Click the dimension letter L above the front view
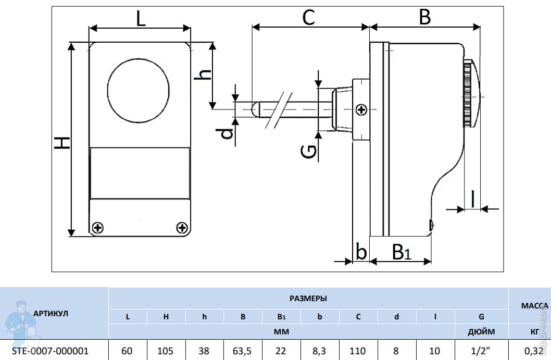pyautogui.click(x=141, y=20)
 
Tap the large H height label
pyautogui.click(x=62, y=142)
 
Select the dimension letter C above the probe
pyautogui.click(x=309, y=18)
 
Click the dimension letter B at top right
pyautogui.click(x=425, y=18)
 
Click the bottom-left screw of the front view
pyautogui.click(x=97, y=228)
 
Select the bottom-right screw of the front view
pyautogui.click(x=182, y=228)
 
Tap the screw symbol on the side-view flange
pyautogui.click(x=361, y=109)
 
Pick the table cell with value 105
pyautogui.click(x=166, y=351)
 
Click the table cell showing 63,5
pyautogui.click(x=243, y=351)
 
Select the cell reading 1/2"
pyautogui.click(x=481, y=351)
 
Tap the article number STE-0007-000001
pyautogui.click(x=50, y=351)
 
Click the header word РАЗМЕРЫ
pyautogui.click(x=308, y=299)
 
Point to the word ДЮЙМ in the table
pyautogui.click(x=481, y=331)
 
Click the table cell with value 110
pyautogui.click(x=358, y=351)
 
